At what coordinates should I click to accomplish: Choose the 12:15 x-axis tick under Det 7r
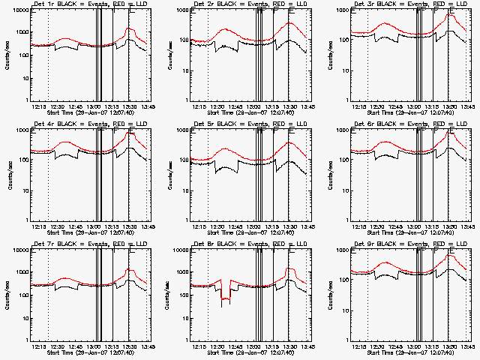tap(40, 346)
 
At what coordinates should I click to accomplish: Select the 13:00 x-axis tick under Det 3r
tap(415, 106)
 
